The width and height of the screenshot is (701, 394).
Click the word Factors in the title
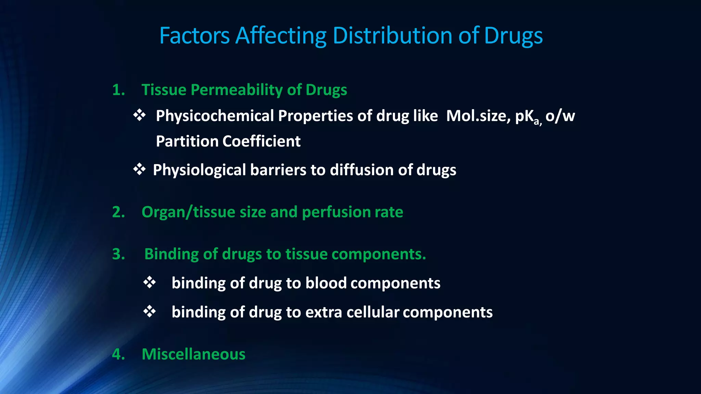(x=194, y=36)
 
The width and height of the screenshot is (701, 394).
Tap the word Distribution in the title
(x=392, y=36)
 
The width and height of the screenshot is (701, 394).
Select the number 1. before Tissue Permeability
(x=118, y=90)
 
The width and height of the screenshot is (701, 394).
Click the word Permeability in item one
(x=237, y=90)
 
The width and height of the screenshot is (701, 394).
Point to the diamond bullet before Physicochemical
(x=139, y=115)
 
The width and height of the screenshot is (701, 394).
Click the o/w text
(x=560, y=116)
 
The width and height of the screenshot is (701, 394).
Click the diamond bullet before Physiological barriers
(x=139, y=169)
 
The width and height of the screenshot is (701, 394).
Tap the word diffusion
(x=359, y=170)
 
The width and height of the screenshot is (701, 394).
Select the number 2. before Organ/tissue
(x=118, y=212)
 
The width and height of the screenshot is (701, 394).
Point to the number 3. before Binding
(x=118, y=254)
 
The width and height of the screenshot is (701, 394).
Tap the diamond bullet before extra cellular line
(x=150, y=312)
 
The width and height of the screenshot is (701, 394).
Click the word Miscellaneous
(x=193, y=354)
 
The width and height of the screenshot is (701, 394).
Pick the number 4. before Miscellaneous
(x=118, y=354)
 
